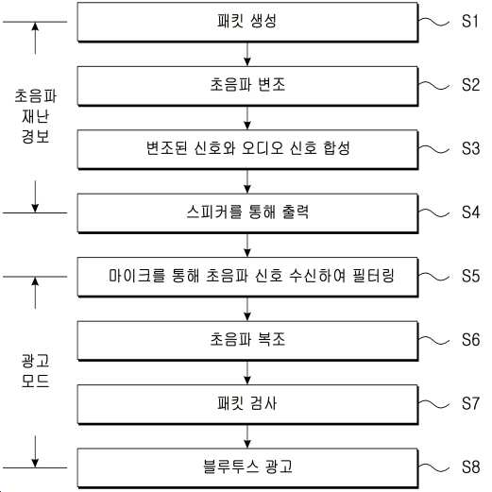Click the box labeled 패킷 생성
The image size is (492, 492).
(247, 22)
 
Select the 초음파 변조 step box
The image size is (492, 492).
(247, 86)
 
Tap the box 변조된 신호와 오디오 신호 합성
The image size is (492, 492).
(247, 149)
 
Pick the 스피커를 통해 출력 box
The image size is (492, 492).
(247, 213)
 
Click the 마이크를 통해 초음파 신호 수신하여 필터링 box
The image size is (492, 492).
(247, 277)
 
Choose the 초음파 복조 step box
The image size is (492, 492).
(247, 341)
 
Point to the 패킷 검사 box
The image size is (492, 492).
(247, 404)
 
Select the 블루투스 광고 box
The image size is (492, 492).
(247, 468)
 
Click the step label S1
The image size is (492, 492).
(470, 22)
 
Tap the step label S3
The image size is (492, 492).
(470, 148)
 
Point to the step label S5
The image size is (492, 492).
(470, 276)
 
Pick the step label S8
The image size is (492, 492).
(470, 467)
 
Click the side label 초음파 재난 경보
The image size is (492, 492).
(35, 116)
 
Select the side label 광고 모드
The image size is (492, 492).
(35, 370)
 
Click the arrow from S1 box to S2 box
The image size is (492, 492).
(247, 54)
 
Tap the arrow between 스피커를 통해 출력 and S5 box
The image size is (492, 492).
(247, 246)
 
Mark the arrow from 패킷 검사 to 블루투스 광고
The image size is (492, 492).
(247, 436)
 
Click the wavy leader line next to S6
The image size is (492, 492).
(433, 340)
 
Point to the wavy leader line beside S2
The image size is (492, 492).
(433, 85)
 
